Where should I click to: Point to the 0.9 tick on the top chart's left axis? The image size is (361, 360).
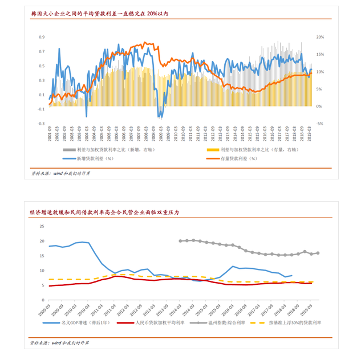click(42, 37)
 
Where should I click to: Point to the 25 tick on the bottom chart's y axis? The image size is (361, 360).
click(41, 226)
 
